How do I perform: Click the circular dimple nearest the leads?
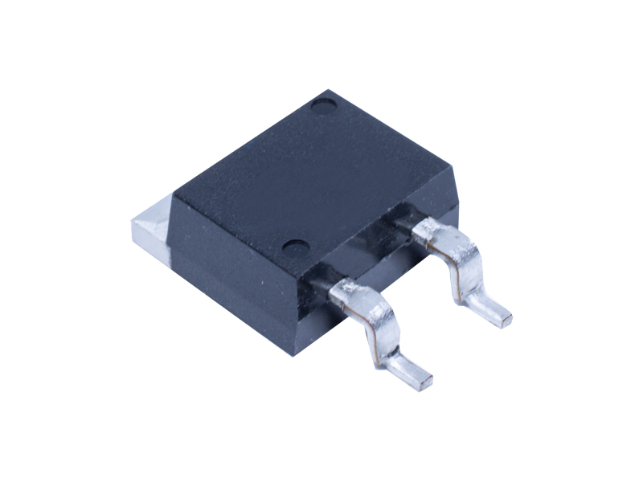(296, 247)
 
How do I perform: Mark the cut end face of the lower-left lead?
(424, 380)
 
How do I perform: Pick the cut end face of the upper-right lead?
(504, 319)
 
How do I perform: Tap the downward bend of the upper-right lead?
(466, 269)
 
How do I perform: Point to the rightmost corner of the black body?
(459, 210)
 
